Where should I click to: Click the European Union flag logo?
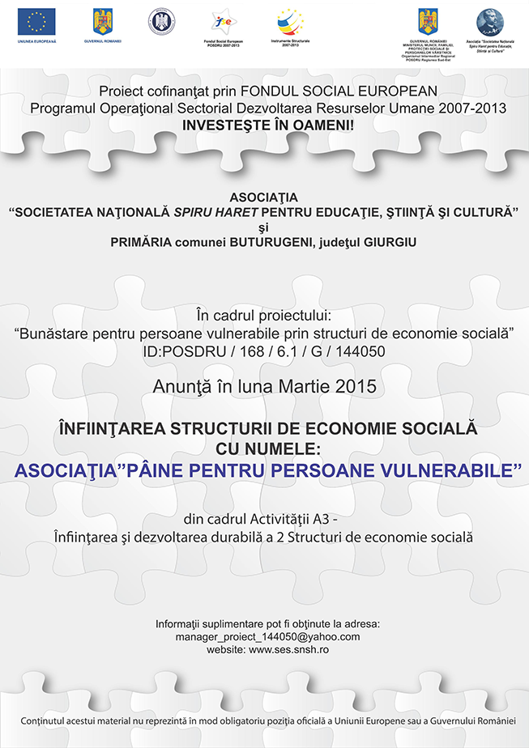tap(36, 21)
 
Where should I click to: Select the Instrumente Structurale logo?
tap(289, 20)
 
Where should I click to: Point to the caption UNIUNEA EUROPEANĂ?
tap(36, 40)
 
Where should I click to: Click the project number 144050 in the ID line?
tap(357, 351)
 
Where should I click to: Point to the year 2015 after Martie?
tap(358, 386)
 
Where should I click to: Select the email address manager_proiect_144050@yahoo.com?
tap(267, 636)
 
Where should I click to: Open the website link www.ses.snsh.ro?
tap(289, 649)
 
